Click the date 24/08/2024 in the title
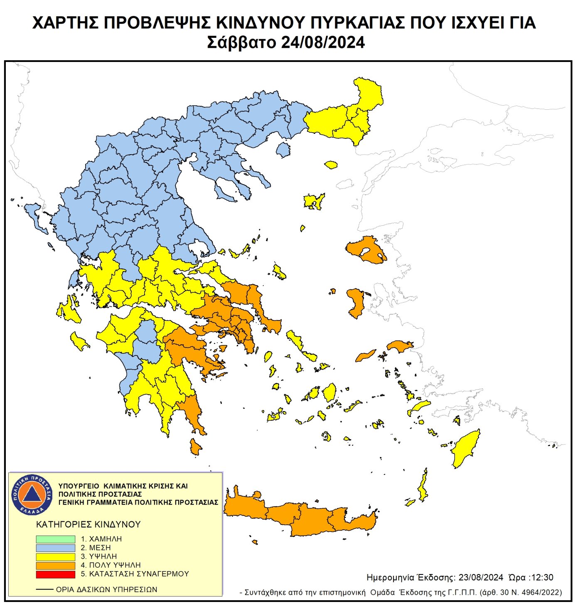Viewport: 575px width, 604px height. [323, 42]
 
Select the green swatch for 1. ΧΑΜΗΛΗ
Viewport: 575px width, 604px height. [55, 539]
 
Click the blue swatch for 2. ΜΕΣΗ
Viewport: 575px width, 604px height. [55, 548]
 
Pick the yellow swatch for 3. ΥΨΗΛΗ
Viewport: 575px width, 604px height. [55, 557]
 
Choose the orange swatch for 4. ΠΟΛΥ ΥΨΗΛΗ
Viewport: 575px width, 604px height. [55, 565]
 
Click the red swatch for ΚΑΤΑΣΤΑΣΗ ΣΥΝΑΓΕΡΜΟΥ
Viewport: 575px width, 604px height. [55, 574]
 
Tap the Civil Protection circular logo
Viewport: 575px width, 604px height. [32, 494]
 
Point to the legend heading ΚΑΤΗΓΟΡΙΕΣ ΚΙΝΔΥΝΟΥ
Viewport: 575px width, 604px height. [88, 524]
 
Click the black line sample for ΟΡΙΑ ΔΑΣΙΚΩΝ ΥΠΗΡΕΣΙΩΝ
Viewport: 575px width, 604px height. [44, 589]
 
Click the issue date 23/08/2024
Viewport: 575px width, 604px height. [481, 577]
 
